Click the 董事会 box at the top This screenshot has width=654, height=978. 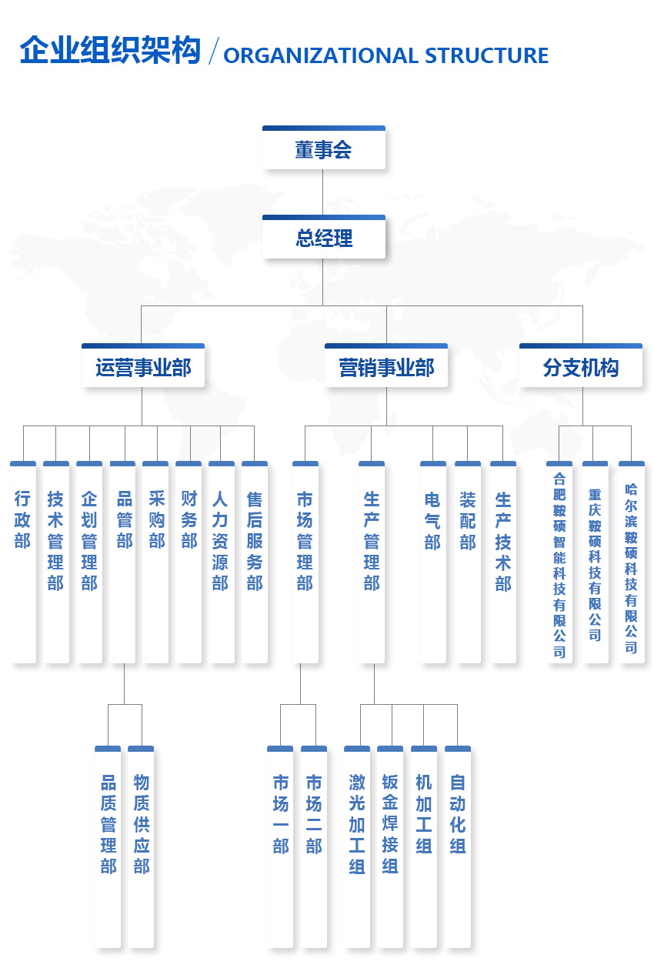click(x=323, y=149)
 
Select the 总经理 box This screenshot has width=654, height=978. click(x=323, y=238)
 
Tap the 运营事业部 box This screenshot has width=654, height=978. click(x=143, y=367)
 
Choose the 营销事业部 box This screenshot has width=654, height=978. click(x=386, y=367)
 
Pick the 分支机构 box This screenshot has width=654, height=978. click(x=581, y=367)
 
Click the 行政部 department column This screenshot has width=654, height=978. click(x=23, y=562)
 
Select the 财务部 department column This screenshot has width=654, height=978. click(x=189, y=562)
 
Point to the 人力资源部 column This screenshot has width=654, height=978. click(x=222, y=562)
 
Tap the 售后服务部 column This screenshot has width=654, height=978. click(x=255, y=562)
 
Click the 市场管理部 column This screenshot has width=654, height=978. click(x=305, y=562)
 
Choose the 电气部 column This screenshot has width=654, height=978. click(x=433, y=562)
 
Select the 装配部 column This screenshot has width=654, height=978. click(x=468, y=562)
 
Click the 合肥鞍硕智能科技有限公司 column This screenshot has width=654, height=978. click(x=559, y=562)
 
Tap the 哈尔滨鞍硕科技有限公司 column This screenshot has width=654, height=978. click(x=632, y=562)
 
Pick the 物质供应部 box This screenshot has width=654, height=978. click(x=141, y=846)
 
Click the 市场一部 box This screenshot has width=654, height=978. click(x=280, y=846)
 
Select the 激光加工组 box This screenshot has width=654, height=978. click(x=357, y=846)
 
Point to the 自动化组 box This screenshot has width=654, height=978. click(x=458, y=846)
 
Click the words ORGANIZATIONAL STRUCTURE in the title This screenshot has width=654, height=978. click(x=385, y=56)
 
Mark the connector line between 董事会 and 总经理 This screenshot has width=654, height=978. click(x=323, y=192)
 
